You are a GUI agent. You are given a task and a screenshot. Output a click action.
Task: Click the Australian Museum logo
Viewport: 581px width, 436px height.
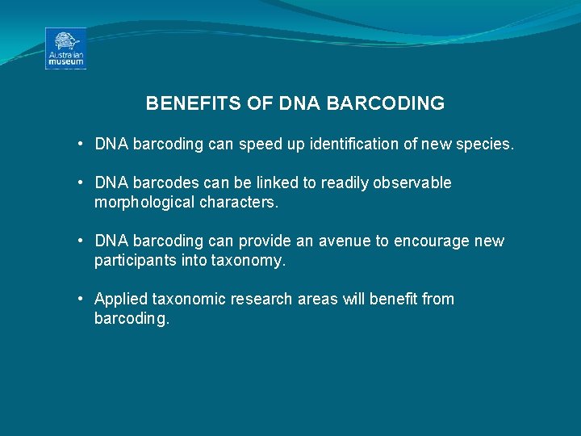click(x=65, y=48)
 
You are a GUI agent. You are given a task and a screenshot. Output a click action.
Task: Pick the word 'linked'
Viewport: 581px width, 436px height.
click(x=279, y=183)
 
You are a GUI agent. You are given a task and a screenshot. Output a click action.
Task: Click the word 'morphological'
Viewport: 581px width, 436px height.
click(x=142, y=203)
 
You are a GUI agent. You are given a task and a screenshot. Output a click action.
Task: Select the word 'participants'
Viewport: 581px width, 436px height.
click(x=135, y=261)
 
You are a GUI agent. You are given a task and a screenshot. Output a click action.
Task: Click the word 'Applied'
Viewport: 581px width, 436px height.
click(x=119, y=300)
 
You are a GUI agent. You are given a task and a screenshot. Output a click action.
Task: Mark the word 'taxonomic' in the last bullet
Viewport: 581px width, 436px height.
click(x=187, y=300)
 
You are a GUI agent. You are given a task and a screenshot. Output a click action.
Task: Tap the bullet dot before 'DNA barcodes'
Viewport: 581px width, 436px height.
click(x=82, y=183)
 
